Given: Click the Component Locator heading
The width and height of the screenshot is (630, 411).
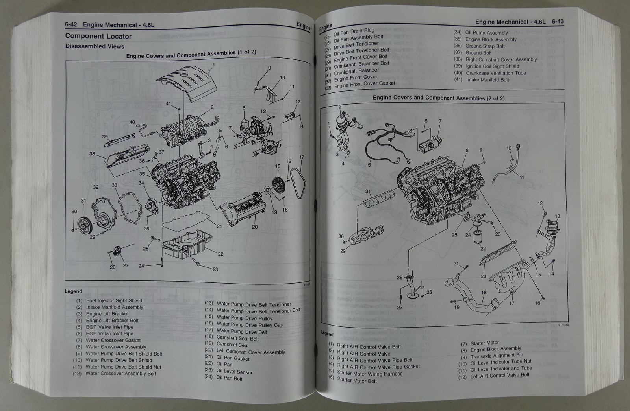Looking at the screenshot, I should (x=98, y=36).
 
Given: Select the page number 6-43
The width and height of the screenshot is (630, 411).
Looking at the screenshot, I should (x=558, y=22).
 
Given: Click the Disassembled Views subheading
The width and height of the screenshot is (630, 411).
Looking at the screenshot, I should (x=94, y=46).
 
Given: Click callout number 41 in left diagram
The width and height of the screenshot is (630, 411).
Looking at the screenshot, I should (x=169, y=104).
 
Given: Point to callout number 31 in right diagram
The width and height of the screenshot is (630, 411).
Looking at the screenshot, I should (x=368, y=192).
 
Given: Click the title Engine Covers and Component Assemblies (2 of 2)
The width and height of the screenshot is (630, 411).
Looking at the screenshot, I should (x=438, y=98).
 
